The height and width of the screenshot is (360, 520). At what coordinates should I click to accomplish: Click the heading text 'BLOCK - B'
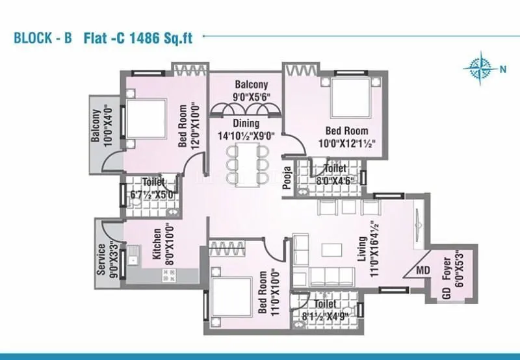[x=43, y=37]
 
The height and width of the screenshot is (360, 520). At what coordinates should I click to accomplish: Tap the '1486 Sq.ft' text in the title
[x=166, y=37]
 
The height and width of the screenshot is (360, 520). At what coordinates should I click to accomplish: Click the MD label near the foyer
[x=422, y=270]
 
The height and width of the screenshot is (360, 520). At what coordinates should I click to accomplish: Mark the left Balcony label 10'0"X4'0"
[x=99, y=127]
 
